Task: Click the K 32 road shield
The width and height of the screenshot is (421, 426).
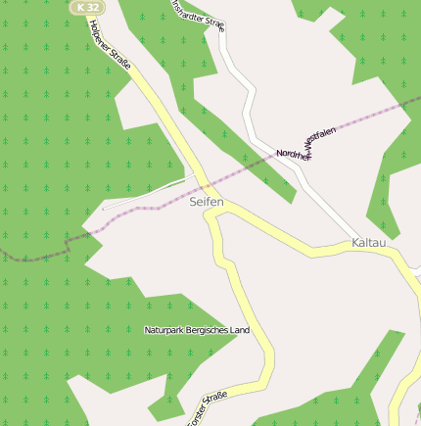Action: [86, 7]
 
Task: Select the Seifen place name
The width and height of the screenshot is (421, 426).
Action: [207, 202]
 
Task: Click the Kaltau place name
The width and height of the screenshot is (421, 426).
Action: [370, 242]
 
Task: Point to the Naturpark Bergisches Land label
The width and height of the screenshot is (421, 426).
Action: [197, 330]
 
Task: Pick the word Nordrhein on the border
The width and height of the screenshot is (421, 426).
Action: [293, 154]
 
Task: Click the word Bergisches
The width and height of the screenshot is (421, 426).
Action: [208, 330]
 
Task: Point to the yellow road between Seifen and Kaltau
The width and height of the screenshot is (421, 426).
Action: [284, 234]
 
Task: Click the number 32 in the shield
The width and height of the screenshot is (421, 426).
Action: [91, 7]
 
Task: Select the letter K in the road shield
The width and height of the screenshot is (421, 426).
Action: [79, 7]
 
